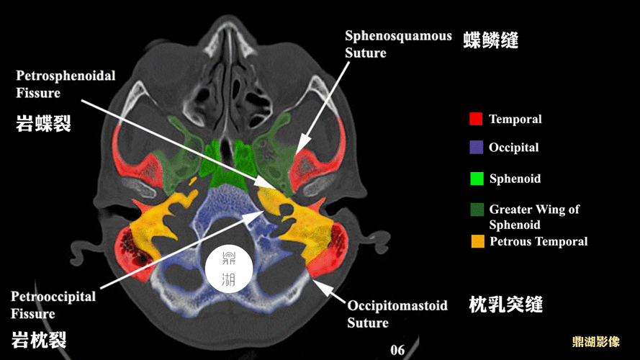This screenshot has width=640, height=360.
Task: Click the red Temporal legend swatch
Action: coord(476,119)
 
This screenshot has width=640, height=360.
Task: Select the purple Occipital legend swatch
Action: coord(477,148)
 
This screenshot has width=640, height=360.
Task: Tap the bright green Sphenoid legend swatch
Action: coord(477,179)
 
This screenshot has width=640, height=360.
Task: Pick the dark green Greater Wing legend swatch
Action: coord(477,210)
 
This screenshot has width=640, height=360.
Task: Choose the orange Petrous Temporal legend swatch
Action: coord(477,241)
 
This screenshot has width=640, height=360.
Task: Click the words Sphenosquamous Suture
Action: coord(398,44)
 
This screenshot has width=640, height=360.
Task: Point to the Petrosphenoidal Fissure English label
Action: coord(66,84)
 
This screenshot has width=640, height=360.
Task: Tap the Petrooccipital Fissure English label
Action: coord(53,305)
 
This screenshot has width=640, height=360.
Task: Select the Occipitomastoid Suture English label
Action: coord(397,314)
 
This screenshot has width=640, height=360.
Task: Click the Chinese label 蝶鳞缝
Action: coord(490,40)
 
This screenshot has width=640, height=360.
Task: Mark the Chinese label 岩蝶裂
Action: coord(43,123)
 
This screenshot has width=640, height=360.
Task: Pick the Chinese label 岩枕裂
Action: coord(38,340)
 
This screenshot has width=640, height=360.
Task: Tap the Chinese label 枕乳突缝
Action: coord(505,305)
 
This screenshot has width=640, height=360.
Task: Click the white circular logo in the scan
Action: coord(229,269)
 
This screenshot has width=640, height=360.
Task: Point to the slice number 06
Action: coord(397,350)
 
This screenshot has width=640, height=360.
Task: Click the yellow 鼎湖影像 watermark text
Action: coord(596,341)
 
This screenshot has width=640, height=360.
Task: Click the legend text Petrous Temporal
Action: coord(538,241)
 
